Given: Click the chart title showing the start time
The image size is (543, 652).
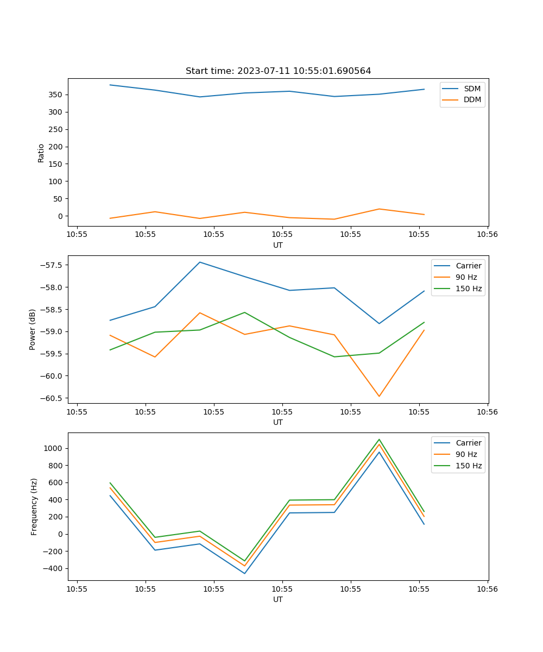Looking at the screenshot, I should pyautogui.click(x=278, y=71).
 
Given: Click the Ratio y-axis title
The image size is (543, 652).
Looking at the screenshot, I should pyautogui.click(x=41, y=153).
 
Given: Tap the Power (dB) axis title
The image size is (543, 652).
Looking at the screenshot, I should pyautogui.click(x=33, y=329).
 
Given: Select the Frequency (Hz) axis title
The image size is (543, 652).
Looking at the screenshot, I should pyautogui.click(x=34, y=506).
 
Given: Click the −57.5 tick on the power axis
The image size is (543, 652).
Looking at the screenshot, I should pyautogui.click(x=52, y=265).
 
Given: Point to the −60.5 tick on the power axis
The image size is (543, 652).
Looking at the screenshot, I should pyautogui.click(x=52, y=398).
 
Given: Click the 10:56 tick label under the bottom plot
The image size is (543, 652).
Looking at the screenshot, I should pyautogui.click(x=487, y=588).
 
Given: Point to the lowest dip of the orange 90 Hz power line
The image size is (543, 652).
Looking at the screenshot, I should pyautogui.click(x=379, y=396).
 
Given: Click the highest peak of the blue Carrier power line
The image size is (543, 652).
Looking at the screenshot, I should pyautogui.click(x=200, y=262).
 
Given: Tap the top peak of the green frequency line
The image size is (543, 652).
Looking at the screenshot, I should pyautogui.click(x=379, y=439).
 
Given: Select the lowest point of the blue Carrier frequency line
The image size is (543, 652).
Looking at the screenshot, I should pyautogui.click(x=244, y=573).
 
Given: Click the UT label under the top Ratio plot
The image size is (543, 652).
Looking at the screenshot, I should pyautogui.click(x=278, y=245).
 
